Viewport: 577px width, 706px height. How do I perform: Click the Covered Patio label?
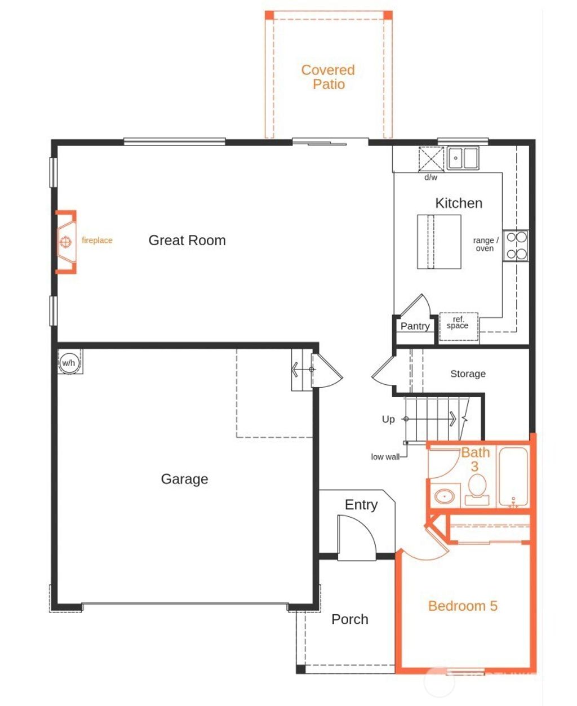pos(328,77)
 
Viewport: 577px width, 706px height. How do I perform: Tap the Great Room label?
pos(187,241)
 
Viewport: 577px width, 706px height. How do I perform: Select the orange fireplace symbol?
pos(66,242)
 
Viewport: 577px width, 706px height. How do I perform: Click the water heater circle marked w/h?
pos(68,363)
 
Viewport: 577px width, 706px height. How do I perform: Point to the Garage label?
pos(184,479)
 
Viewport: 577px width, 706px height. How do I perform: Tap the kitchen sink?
pos(463,158)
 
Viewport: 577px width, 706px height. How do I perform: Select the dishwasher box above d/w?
pos(431,158)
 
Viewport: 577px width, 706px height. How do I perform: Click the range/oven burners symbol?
pos(516,246)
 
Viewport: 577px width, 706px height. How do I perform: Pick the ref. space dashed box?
pos(458,326)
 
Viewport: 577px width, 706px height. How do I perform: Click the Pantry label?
pos(415,326)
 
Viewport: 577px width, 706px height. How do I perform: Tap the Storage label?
pos(468,374)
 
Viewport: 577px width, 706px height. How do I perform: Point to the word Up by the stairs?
pos(388,419)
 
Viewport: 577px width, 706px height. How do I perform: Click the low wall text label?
pos(385,457)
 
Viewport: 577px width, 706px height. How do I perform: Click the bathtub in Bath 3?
pos(513,477)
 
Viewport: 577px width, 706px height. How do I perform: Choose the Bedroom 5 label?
pos(463,606)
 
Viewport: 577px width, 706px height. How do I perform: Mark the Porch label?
pos(349,619)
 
